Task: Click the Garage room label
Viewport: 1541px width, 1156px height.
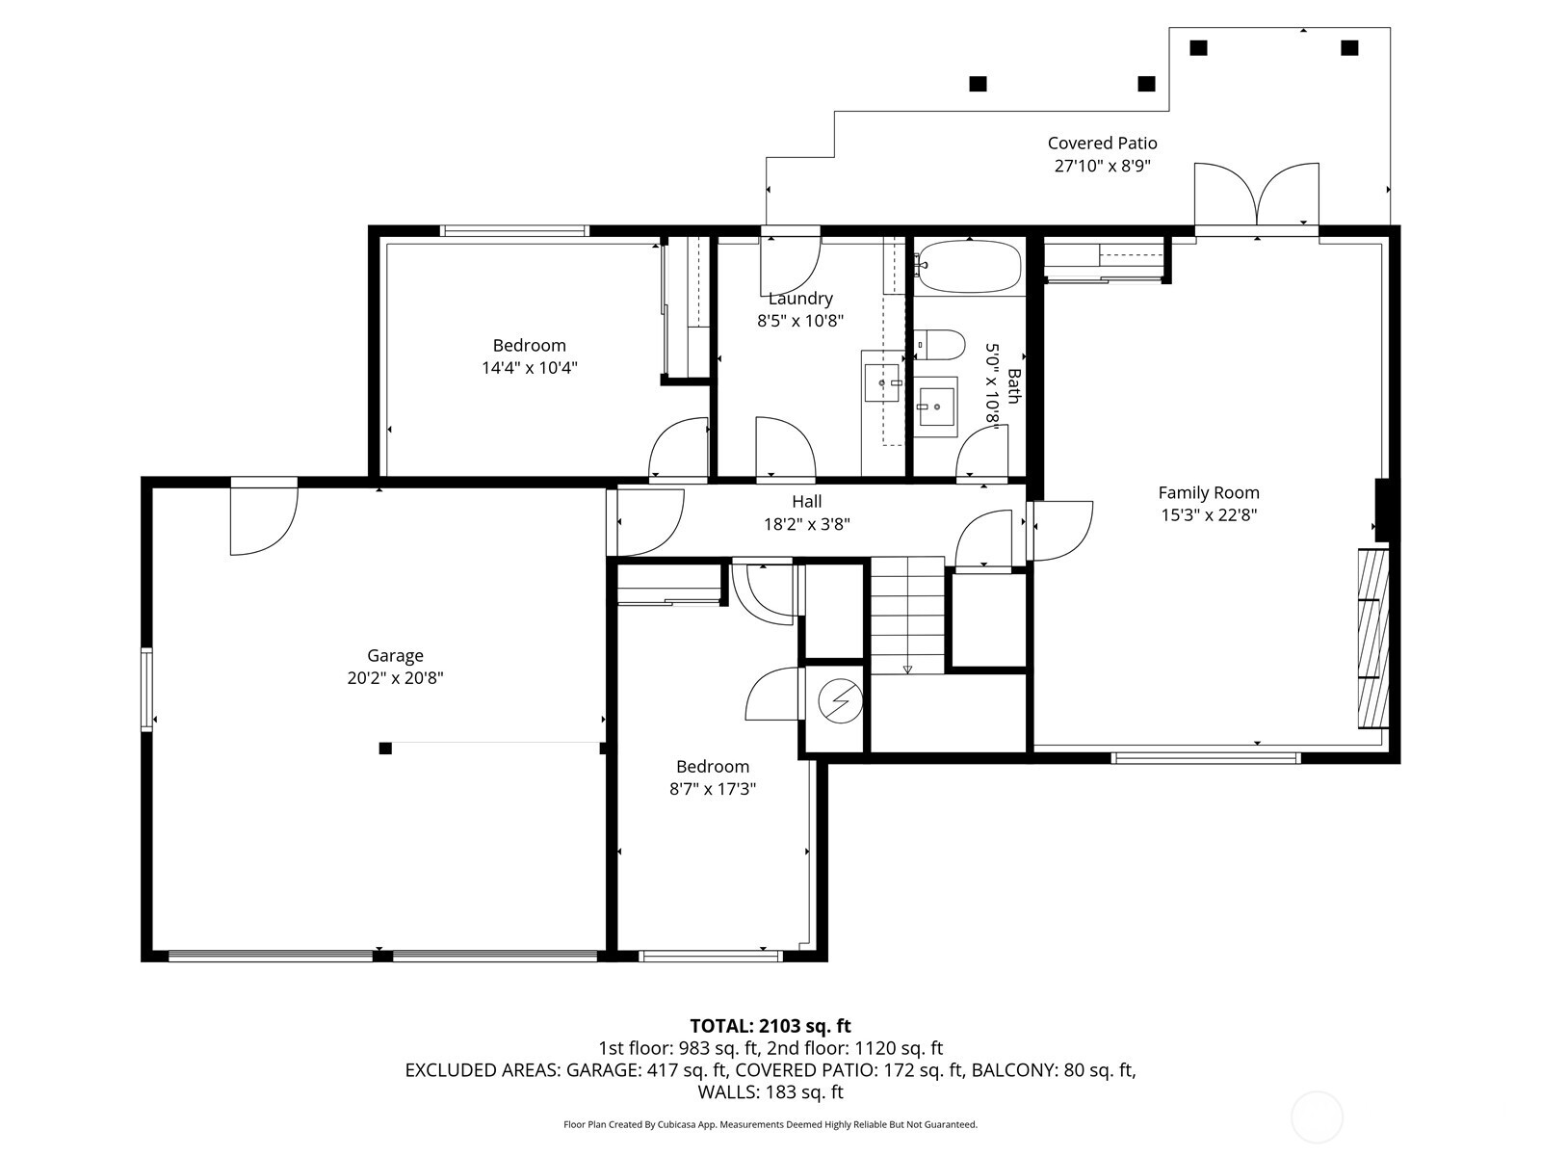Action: coord(395,656)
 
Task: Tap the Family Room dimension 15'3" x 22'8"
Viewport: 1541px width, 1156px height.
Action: coord(1209,514)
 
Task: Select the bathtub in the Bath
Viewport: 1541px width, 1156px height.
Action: coord(968,265)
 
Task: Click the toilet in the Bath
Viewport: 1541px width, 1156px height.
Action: coord(941,343)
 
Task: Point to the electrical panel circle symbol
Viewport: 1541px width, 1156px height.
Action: coord(839,700)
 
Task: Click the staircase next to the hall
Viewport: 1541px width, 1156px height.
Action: coord(907,615)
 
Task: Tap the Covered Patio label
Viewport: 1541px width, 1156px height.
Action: coord(1102,144)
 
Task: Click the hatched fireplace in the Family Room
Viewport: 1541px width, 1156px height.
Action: coord(1373,638)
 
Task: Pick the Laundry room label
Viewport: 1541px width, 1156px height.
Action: coord(800,299)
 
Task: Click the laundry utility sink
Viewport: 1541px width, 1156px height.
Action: coord(881,382)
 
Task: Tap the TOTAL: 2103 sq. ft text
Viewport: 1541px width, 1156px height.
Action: coord(770,1026)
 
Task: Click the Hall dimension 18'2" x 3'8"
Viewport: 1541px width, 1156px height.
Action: coord(807,524)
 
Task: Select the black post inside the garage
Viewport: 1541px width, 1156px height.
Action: coord(385,749)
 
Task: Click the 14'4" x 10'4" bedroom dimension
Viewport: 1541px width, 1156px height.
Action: coord(530,367)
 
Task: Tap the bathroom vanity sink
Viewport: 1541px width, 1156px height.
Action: coord(935,407)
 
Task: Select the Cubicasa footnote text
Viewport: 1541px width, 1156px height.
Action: coord(770,1124)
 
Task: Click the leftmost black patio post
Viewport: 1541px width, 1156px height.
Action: coord(978,84)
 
